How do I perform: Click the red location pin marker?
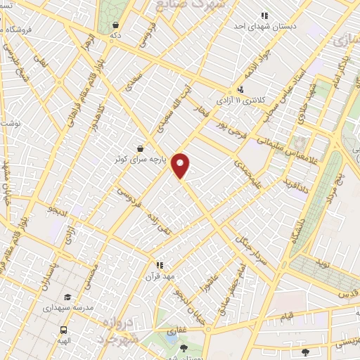[181, 165]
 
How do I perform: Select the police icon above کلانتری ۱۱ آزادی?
[240, 89]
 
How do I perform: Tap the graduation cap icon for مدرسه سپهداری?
[67, 297]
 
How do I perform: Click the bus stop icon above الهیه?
[64, 329]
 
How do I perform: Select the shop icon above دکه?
[115, 25]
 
